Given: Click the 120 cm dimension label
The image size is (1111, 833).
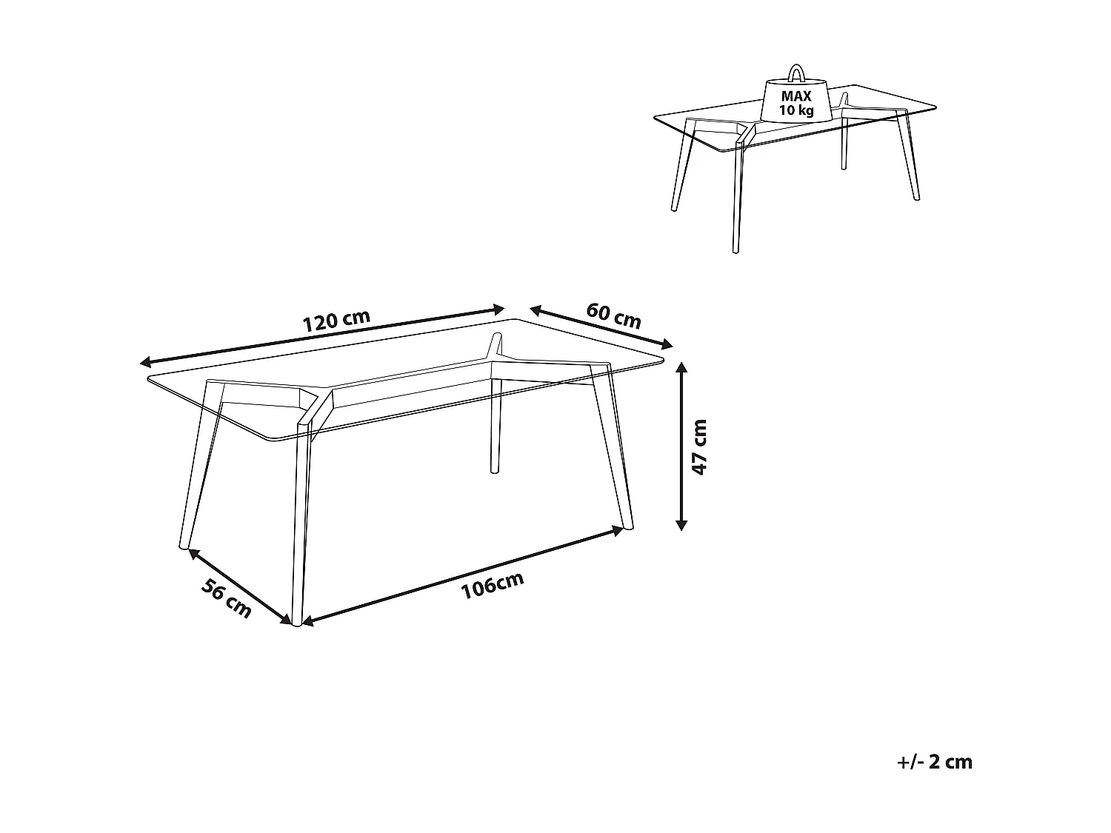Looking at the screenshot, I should pos(336,320).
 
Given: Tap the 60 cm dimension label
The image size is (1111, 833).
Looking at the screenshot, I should pos(613,315).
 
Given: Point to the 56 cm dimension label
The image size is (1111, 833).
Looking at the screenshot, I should pos(227,596).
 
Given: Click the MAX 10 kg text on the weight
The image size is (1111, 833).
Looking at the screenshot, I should pos(796,104).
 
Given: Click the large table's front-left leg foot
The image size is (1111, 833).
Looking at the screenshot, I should pos(182,546).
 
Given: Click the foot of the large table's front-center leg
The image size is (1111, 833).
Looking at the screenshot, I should pos(297,622).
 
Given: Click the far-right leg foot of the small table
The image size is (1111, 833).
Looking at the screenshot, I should pos(915,197).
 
